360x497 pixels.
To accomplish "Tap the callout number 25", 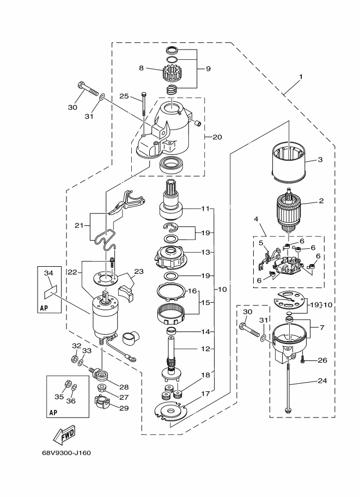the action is click(x=124, y=96).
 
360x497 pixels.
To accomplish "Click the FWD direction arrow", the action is click(x=65, y=434).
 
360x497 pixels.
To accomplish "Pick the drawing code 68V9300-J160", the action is click(x=66, y=453).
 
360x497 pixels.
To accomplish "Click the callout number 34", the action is click(x=48, y=273).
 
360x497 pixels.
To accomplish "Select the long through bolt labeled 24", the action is click(x=288, y=388).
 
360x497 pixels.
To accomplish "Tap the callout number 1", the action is click(x=301, y=77).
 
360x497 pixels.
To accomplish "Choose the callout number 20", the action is click(x=217, y=137).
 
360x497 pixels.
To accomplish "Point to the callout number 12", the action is click(x=206, y=349).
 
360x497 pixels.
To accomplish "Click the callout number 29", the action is click(x=124, y=408).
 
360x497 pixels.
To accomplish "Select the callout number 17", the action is click(x=205, y=394).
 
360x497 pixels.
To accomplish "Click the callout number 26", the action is click(x=322, y=360).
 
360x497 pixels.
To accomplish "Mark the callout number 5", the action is click(x=261, y=243).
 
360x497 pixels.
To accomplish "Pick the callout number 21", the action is click(x=78, y=226).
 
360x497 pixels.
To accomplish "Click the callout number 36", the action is click(x=71, y=401).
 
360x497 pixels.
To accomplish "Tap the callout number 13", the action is click(x=206, y=252).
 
